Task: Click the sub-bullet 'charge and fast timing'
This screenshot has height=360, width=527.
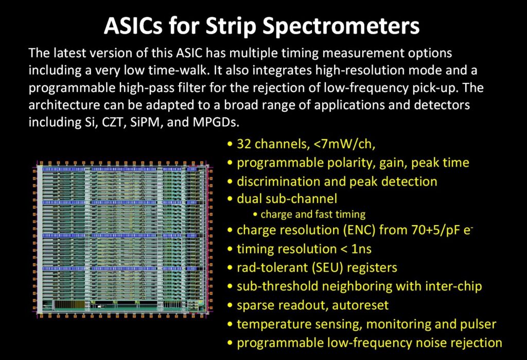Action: point(313,214)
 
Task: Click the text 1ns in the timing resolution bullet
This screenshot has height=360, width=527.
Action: point(360,249)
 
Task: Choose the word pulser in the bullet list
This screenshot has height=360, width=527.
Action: point(479,324)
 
